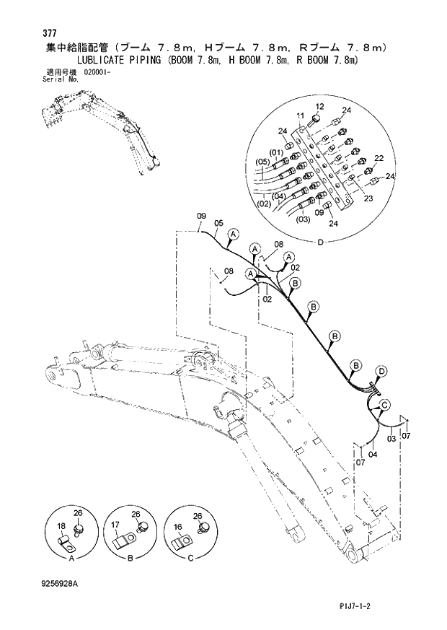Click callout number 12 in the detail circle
point(319,106)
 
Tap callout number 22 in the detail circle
point(379,159)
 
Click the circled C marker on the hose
point(384,404)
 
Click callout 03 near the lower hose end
point(391,438)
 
